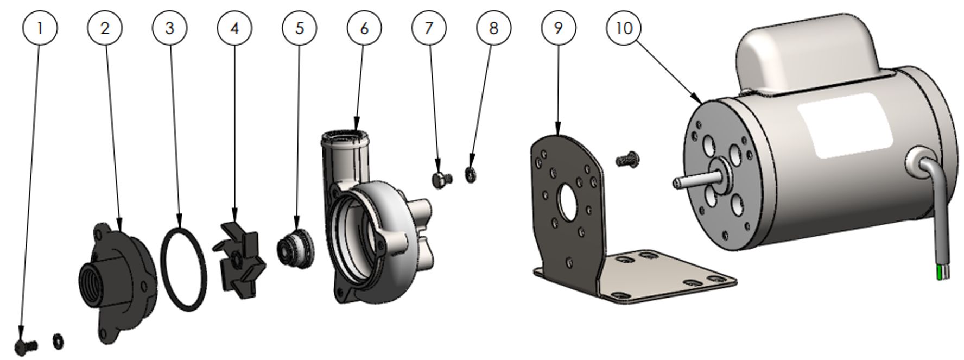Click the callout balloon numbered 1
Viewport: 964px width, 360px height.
[40, 28]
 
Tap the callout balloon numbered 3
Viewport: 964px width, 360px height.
[169, 28]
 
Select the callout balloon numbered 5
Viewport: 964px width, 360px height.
[299, 28]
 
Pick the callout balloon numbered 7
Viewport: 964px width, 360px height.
[429, 28]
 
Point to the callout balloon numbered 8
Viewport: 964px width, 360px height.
[493, 28]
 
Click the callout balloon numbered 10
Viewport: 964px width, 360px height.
[624, 28]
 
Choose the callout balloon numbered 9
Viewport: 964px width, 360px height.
[559, 28]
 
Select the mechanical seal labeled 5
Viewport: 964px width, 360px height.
[295, 249]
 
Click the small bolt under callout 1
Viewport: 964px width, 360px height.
[26, 345]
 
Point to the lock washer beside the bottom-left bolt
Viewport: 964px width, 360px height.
[58, 341]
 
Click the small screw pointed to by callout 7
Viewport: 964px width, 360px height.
[442, 179]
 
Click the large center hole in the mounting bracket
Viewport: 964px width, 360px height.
[568, 203]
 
